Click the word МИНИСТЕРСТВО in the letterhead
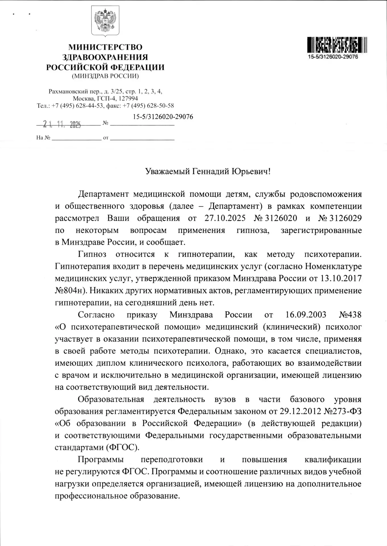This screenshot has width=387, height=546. (105, 47)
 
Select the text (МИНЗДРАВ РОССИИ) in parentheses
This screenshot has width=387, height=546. (105, 76)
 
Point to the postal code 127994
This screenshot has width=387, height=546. (129, 99)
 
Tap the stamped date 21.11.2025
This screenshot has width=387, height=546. (62, 124)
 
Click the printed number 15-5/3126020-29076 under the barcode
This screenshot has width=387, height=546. (333, 57)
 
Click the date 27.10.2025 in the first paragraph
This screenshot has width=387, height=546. (221, 218)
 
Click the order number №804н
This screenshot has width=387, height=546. (68, 290)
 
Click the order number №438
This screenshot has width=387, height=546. (350, 315)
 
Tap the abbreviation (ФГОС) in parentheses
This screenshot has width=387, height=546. (123, 447)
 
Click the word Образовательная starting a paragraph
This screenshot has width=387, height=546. (111, 399)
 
